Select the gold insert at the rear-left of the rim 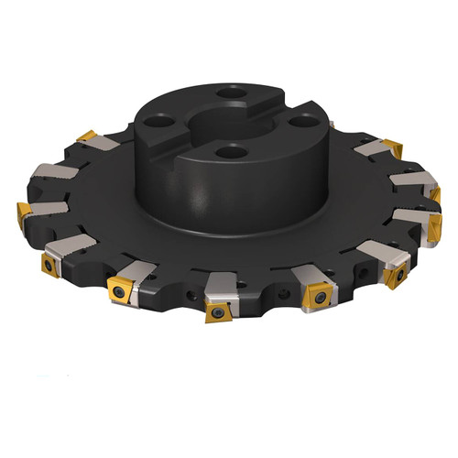88,137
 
